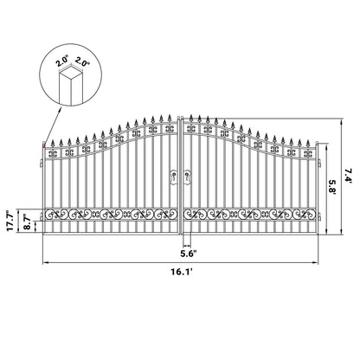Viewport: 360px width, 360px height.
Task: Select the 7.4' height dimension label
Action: click(348, 178)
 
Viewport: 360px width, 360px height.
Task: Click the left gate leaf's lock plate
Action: click(173, 175)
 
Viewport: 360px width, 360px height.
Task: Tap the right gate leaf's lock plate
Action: click(188, 175)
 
